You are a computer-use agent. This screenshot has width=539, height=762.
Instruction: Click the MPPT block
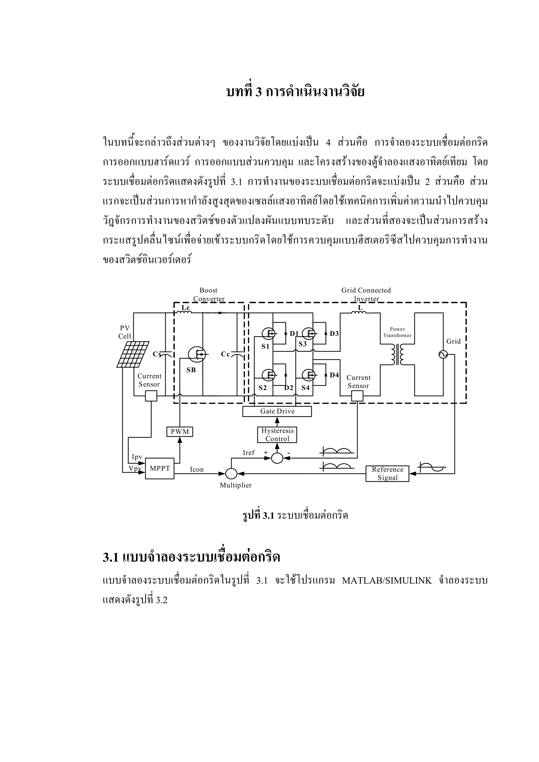pyautogui.click(x=160, y=468)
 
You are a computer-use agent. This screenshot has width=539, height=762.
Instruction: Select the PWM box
pyautogui.click(x=180, y=432)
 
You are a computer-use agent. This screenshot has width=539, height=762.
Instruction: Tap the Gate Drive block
pyautogui.click(x=277, y=412)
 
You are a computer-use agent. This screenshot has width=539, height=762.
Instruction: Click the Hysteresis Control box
pyautogui.click(x=277, y=435)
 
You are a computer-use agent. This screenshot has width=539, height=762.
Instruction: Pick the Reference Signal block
pyautogui.click(x=387, y=474)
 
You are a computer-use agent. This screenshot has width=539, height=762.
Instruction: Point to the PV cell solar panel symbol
pyautogui.click(x=133, y=354)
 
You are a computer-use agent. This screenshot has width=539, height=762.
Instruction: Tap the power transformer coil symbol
pyautogui.click(x=397, y=355)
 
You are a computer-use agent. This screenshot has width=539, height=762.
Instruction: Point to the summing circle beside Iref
pyautogui.click(x=277, y=458)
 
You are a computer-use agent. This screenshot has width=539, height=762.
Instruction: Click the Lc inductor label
pyautogui.click(x=186, y=308)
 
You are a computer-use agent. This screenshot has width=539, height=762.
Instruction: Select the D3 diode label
pyautogui.click(x=334, y=334)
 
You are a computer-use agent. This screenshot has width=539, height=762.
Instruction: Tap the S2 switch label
pyautogui.click(x=263, y=388)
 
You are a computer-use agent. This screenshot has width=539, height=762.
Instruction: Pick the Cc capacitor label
pyautogui.click(x=226, y=354)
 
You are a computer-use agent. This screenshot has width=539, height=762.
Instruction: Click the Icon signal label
pyautogui.click(x=197, y=470)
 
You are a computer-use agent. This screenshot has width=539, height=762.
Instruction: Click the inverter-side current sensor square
pyautogui.click(x=357, y=396)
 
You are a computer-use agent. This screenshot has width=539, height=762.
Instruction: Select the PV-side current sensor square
pyautogui.click(x=151, y=396)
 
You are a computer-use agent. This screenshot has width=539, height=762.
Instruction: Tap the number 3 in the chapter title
pyautogui.click(x=259, y=92)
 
